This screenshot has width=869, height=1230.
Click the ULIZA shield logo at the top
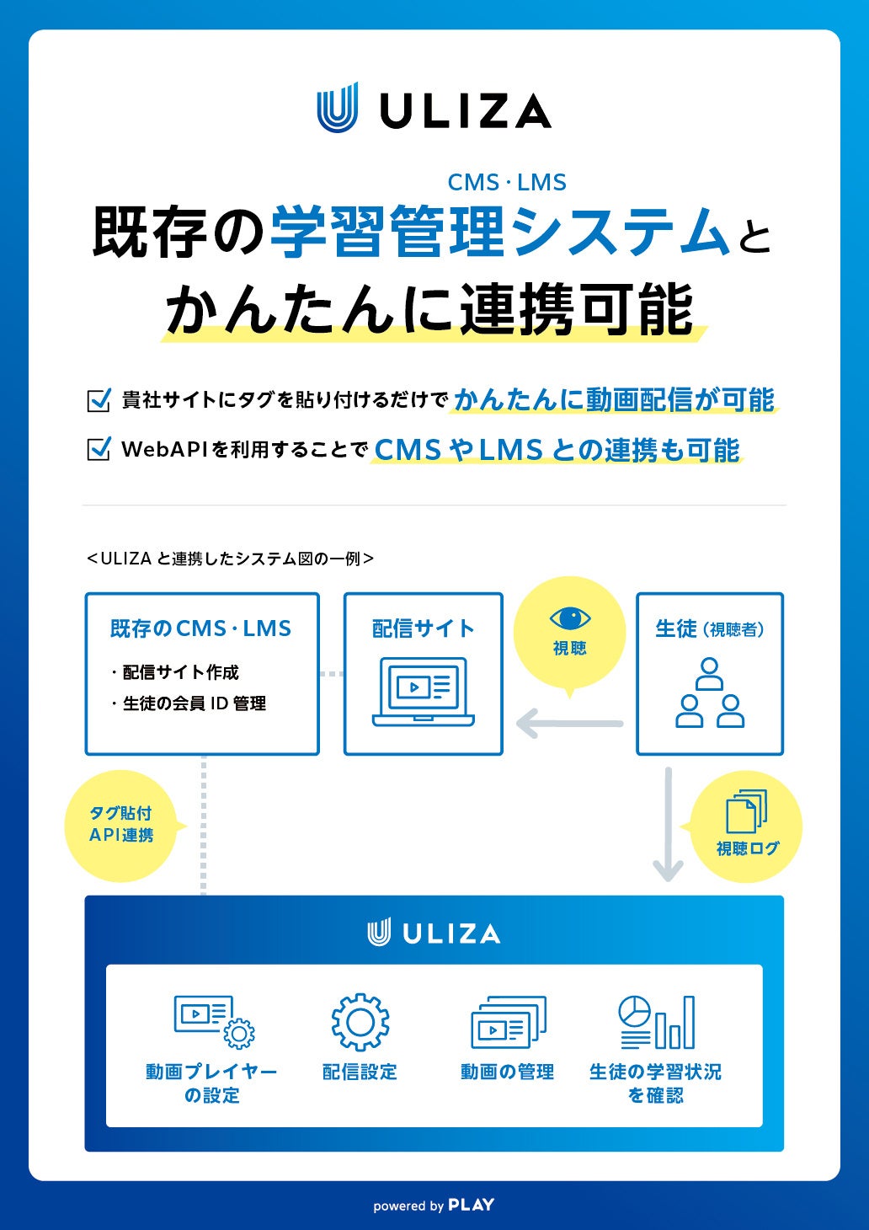[x=338, y=108]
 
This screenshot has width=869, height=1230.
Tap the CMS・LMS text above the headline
[x=507, y=182]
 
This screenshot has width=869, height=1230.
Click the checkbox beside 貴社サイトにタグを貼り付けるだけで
[x=99, y=399]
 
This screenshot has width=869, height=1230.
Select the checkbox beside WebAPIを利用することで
[x=99, y=449]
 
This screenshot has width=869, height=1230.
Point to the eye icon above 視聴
[x=570, y=619]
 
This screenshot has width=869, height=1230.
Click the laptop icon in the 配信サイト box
[x=424, y=692]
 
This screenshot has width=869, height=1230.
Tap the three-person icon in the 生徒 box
[x=710, y=693]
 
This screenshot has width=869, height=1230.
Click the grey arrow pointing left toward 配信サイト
[x=569, y=723]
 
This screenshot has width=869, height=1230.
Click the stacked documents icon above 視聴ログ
[x=746, y=811]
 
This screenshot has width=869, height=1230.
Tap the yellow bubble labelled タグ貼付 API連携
[x=121, y=825]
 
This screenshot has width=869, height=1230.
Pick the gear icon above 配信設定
[x=360, y=1021]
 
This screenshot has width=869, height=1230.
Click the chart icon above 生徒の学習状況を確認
[x=657, y=1021]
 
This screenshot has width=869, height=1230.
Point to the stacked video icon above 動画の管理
[x=508, y=1023]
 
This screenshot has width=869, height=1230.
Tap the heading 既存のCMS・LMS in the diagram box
[x=200, y=628]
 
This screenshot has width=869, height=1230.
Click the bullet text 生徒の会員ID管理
[x=194, y=703]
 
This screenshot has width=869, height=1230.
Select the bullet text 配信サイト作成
[x=180, y=672]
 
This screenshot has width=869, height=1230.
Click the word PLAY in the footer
[x=472, y=1205]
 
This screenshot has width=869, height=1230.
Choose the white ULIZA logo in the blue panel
[x=434, y=933]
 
